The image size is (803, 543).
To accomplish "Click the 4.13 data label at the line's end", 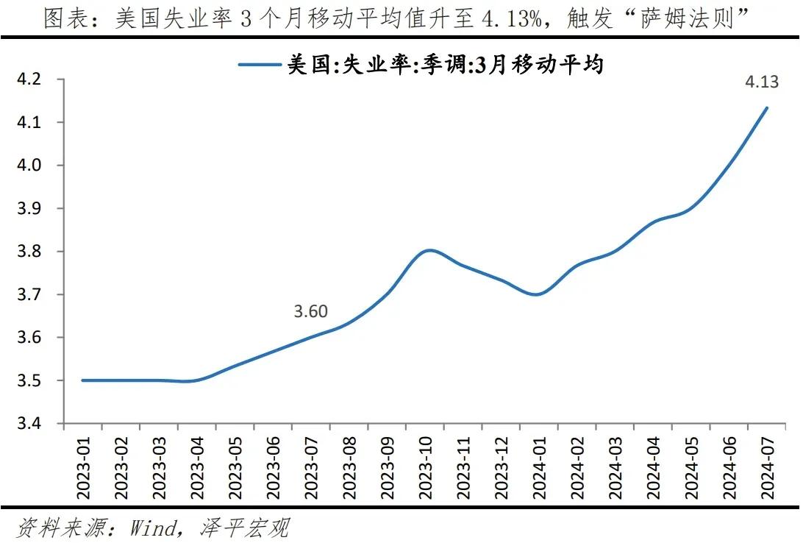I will pyautogui.click(x=762, y=82).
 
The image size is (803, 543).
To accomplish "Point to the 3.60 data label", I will pyautogui.click(x=310, y=312).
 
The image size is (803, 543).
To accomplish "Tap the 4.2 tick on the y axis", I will pyautogui.click(x=32, y=79).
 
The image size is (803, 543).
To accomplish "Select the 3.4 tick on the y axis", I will pyautogui.click(x=32, y=424).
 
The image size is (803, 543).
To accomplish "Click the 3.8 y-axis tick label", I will pyautogui.click(x=32, y=252).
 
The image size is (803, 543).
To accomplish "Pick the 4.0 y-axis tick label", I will pyautogui.click(x=32, y=165).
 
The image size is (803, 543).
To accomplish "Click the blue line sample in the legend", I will pyautogui.click(x=261, y=65).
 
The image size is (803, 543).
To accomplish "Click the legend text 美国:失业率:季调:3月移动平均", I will pyautogui.click(x=445, y=65).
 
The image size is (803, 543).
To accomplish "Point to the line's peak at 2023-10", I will pyautogui.click(x=429, y=250).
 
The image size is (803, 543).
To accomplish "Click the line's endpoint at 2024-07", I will pyautogui.click(x=768, y=107).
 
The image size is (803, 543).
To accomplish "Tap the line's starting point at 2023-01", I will pyautogui.click(x=83, y=380).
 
